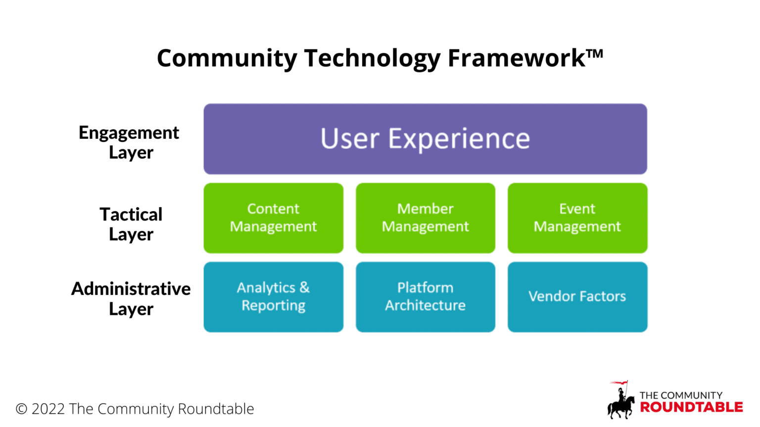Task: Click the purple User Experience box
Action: tap(425, 139)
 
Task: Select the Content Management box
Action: tap(273, 218)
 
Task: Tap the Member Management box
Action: tap(425, 218)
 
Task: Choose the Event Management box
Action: tap(577, 218)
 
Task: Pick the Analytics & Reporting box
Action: tap(273, 297)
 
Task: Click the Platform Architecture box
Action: tap(425, 297)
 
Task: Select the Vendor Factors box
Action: tap(577, 297)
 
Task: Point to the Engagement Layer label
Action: tap(129, 142)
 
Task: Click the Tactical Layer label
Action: tap(131, 224)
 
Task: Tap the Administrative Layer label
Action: tap(131, 299)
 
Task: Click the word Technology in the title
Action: tap(372, 59)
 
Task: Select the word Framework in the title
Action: tap(517, 58)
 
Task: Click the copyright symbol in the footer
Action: tap(21, 409)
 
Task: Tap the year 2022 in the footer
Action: tap(48, 409)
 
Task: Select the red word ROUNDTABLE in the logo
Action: tap(691, 407)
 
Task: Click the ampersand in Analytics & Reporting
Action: tap(304, 288)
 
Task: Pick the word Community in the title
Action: tap(227, 59)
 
